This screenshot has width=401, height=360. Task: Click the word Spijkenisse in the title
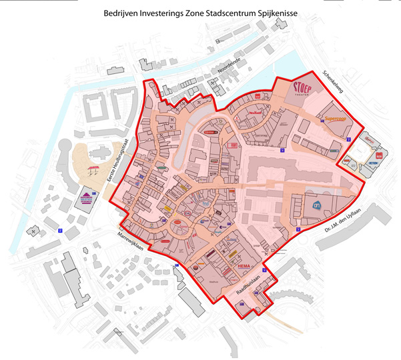pyautogui.click(x=276, y=13)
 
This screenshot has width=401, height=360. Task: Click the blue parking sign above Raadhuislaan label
pyautogui.click(x=265, y=271)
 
